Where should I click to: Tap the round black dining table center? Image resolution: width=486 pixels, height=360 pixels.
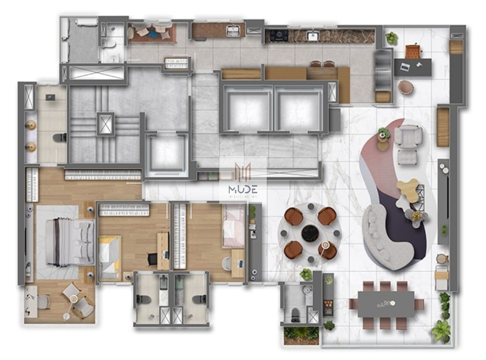(x=310, y=233)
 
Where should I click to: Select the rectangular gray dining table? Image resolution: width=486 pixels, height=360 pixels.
(x=386, y=304)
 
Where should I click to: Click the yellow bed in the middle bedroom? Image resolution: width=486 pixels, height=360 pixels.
(x=109, y=257)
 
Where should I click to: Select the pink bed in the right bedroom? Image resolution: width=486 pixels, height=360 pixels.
(x=234, y=226)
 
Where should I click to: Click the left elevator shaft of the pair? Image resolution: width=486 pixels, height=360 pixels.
(x=247, y=109)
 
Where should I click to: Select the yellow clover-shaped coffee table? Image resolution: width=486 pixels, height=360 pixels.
(x=408, y=190)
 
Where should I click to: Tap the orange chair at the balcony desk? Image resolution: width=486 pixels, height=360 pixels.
(x=413, y=51)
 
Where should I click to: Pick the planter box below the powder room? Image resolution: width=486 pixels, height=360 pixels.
(x=301, y=334)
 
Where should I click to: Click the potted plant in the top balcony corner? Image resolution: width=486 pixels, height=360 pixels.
(x=392, y=38)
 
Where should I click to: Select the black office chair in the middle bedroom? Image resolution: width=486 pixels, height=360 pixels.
(x=152, y=259)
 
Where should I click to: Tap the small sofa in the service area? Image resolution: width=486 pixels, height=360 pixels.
(x=152, y=32)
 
